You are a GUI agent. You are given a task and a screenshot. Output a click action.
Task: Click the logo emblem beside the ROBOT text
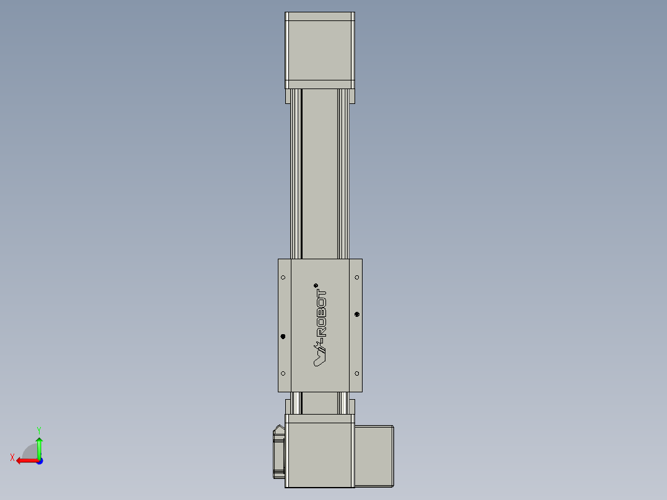321,356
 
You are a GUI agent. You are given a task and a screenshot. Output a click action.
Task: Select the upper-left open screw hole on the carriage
283,277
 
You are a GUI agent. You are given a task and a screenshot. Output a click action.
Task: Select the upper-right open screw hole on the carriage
357,277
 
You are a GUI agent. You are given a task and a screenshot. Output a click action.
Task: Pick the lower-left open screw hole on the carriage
283,373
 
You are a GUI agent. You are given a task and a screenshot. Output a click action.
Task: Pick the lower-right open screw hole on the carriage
357,373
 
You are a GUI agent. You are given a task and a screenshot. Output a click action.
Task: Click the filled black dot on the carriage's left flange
283,337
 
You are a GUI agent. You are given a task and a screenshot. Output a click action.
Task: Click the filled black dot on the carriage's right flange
357,315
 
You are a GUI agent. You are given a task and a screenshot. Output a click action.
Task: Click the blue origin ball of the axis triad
39,461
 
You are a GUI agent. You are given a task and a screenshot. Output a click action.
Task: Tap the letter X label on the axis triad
12,458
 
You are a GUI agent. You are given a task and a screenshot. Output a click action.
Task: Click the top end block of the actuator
319,50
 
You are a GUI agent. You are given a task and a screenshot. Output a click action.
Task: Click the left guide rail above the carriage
296,173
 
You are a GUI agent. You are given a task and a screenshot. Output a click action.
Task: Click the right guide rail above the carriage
343,173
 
